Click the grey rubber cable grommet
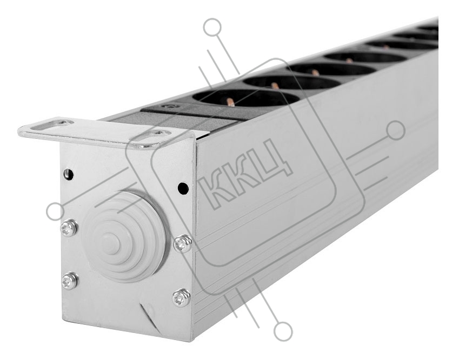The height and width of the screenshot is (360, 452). point(124,236)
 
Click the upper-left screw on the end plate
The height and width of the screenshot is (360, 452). point(69,228)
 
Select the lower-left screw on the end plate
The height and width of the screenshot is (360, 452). point(69,281)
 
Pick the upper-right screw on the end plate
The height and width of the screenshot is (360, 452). point(182,244)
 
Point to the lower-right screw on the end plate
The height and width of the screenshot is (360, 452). point(181,297)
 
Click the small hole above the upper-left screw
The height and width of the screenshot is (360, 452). point(68,174)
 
